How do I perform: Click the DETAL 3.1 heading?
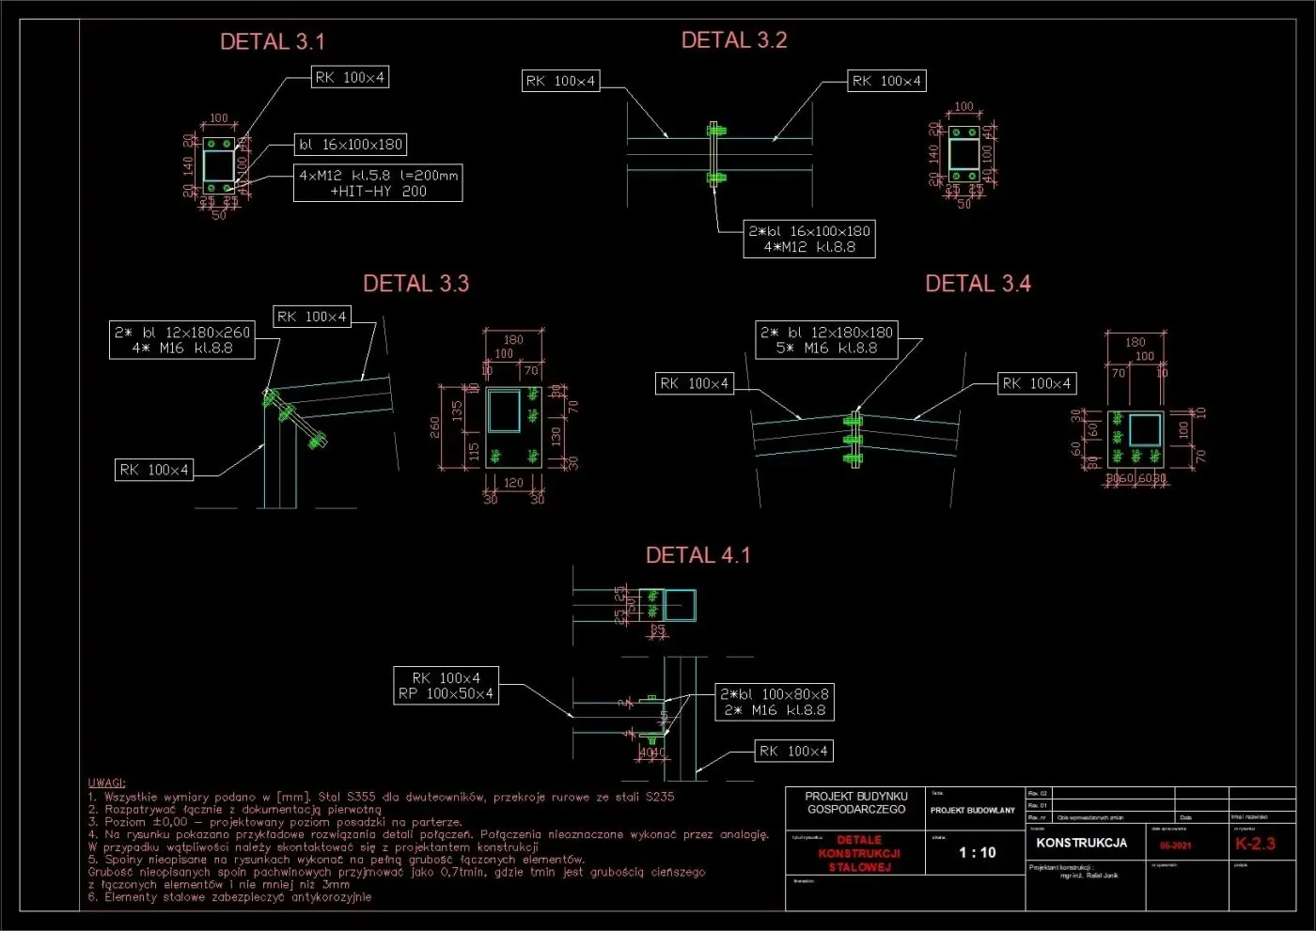(272, 42)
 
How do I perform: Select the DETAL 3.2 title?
(733, 40)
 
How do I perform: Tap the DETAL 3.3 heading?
(415, 284)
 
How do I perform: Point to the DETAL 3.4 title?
(978, 284)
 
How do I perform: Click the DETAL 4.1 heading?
(697, 555)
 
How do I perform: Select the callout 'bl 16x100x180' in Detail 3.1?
(351, 145)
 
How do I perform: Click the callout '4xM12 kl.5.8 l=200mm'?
(378, 182)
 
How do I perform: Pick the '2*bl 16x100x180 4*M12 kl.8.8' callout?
(809, 239)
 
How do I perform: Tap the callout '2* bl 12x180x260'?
(182, 340)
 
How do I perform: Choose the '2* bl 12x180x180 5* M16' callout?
(826, 340)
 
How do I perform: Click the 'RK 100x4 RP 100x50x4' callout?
(446, 686)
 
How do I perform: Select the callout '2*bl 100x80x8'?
(775, 702)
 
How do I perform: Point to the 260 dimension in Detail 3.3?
(434, 427)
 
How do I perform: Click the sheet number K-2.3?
(1255, 844)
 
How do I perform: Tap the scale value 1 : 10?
(977, 852)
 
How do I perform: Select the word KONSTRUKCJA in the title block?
(1081, 843)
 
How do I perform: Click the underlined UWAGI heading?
(106, 783)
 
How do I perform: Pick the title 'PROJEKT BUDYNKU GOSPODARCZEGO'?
(855, 802)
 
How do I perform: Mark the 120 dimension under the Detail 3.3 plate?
(513, 483)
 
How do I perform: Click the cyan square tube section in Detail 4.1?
(679, 605)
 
